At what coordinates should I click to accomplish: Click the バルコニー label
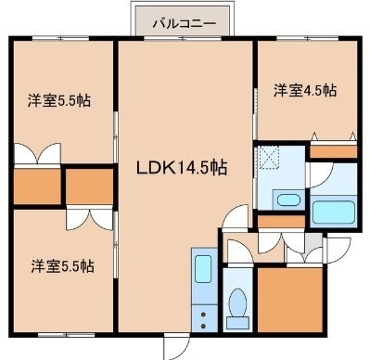[x=184, y=23]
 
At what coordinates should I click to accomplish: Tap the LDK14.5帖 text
[x=182, y=168]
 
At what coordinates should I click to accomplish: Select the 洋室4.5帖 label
[x=305, y=90]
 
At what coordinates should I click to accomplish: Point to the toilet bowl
[x=237, y=303]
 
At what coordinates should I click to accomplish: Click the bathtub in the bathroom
[x=334, y=212]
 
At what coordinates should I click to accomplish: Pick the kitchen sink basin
[x=203, y=268]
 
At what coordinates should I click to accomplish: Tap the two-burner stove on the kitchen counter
[x=203, y=320]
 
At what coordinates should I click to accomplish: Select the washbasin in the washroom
[x=287, y=200]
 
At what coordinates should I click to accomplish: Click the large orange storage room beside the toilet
[x=290, y=300]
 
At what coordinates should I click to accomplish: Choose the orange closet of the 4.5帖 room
[x=333, y=151]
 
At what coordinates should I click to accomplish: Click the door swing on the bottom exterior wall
[x=177, y=346]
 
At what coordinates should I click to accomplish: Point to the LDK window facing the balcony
[x=183, y=38]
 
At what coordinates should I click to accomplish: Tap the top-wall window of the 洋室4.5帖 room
[x=308, y=38]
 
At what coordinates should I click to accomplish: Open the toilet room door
[x=238, y=251]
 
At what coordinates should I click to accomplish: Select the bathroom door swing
[x=321, y=175]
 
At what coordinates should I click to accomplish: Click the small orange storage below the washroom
[x=281, y=221]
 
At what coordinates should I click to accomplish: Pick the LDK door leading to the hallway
[x=236, y=218]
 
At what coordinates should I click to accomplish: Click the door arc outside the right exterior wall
[x=338, y=251]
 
